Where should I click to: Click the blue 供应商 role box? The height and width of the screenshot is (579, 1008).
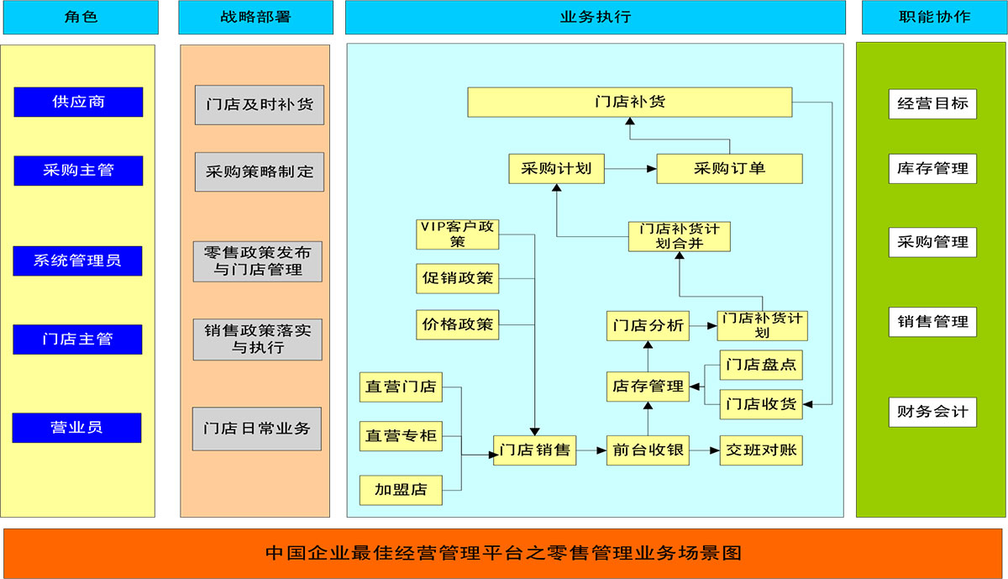coord(78,102)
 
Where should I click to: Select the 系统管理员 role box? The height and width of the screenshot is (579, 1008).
coord(77,261)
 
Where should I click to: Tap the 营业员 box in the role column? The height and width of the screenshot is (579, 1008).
coord(76,427)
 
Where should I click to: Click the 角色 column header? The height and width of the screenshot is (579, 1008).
coord(80,17)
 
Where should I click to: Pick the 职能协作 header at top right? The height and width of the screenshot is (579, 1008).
coord(933,17)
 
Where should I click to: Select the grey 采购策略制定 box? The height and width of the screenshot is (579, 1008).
coord(260,171)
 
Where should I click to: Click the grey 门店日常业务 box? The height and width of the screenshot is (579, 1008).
coord(257,429)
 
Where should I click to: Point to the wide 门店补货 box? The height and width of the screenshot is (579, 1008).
coord(629,103)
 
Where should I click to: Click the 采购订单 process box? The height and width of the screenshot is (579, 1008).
coord(729,168)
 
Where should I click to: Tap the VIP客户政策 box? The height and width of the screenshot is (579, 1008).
coord(458,234)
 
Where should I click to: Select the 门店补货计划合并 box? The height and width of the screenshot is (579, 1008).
coord(679,236)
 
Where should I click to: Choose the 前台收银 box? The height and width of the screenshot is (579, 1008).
coord(648,450)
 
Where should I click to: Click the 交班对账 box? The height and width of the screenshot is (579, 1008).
coord(761,450)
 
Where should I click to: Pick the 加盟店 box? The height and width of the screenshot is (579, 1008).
coord(401,490)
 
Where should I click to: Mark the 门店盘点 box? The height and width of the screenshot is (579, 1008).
coord(761,366)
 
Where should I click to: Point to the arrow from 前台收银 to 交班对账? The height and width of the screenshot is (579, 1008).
coord(705,451)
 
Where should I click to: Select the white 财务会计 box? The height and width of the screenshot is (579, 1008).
coord(932,413)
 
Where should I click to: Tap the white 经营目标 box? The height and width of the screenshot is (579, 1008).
coord(932,104)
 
